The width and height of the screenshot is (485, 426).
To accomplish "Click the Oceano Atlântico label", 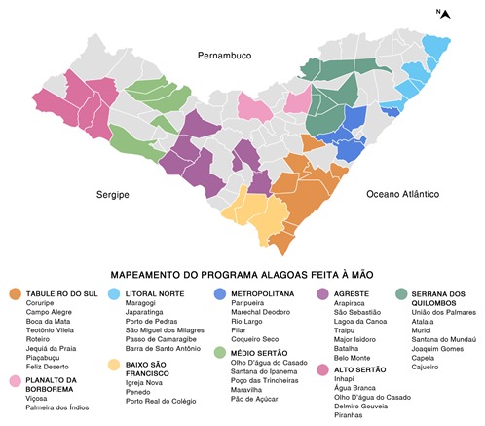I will point(403,194).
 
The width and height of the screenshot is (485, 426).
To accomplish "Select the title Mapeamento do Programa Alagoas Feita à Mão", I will point(242,274).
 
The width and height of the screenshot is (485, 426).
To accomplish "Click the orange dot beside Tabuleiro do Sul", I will point(15,294).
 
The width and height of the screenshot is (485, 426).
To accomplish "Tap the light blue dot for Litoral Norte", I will point(115,294).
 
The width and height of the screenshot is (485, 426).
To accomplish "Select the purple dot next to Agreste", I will point(322,294).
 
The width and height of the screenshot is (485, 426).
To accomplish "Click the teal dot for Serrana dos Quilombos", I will point(401,294).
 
